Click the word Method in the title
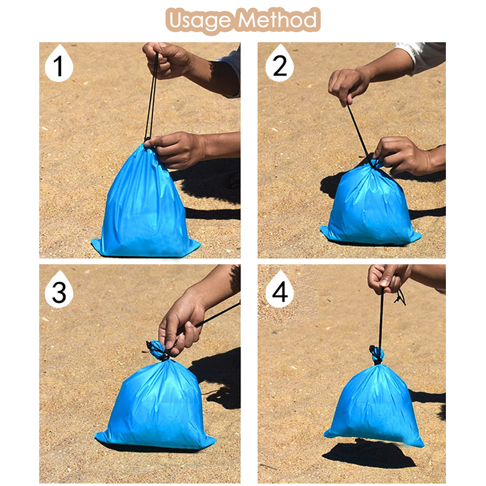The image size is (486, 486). point(277,19)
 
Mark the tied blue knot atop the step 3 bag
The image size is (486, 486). point(158,350)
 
